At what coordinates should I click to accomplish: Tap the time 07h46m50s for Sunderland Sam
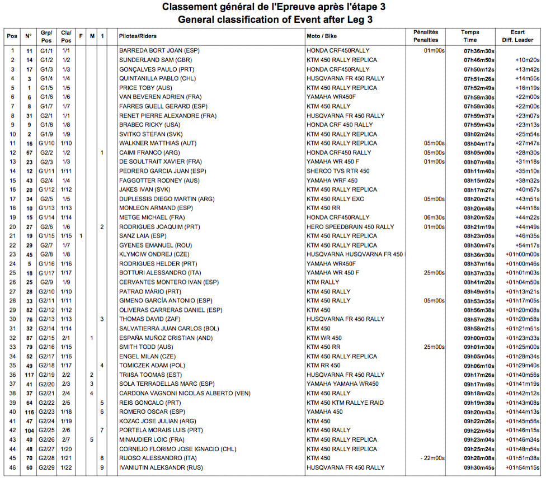tap(478, 60)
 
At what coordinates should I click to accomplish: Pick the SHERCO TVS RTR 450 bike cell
tap(337, 171)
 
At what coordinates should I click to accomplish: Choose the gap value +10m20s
tap(526, 60)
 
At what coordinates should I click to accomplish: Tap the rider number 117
tap(29, 375)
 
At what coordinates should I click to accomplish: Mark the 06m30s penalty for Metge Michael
tap(434, 217)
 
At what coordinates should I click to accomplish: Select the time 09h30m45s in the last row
tap(478, 467)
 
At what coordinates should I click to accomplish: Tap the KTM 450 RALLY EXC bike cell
tap(335, 199)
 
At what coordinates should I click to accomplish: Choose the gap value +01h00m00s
tap(523, 254)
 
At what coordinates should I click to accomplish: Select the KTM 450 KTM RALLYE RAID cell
tap(345, 403)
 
